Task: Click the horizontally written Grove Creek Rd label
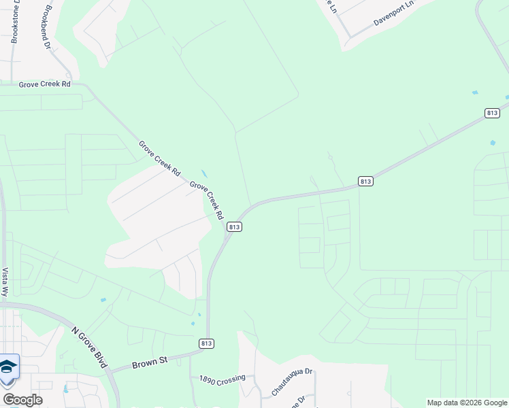click(x=45, y=84)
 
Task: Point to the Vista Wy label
click(x=5, y=282)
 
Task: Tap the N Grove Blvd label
click(x=89, y=347)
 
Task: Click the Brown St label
click(x=149, y=362)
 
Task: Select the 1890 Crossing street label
click(x=222, y=379)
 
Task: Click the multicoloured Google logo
click(x=22, y=400)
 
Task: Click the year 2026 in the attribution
click(x=471, y=403)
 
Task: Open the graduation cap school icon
click(x=7, y=367)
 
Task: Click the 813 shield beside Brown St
click(x=207, y=344)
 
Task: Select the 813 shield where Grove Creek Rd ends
click(x=234, y=226)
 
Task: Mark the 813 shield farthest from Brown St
click(x=493, y=113)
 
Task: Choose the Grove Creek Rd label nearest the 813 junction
click(x=207, y=200)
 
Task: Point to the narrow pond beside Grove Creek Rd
click(x=205, y=174)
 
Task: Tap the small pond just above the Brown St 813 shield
click(x=199, y=315)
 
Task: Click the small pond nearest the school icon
click(x=65, y=389)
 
